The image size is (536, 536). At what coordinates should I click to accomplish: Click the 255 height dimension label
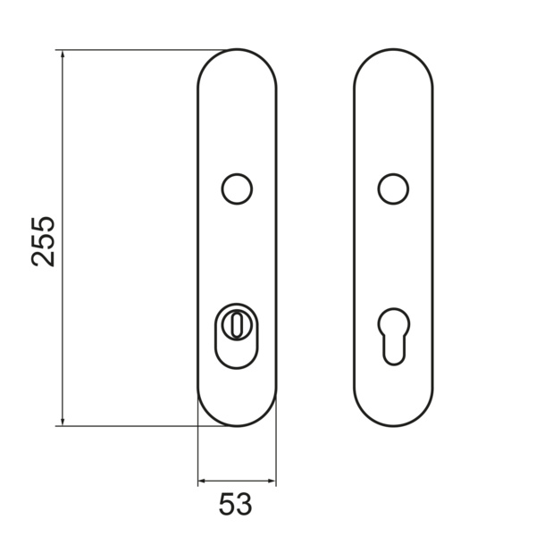(x=43, y=241)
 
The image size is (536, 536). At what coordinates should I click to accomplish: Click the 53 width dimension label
(x=235, y=504)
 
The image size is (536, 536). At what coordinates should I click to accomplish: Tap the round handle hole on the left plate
(x=237, y=188)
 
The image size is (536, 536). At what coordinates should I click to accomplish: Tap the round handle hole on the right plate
(x=393, y=188)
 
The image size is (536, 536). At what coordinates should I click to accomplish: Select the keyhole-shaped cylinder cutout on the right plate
(x=394, y=337)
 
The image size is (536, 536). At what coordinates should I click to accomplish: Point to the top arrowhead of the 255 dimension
(x=63, y=54)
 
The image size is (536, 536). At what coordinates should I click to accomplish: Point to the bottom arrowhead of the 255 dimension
(x=63, y=422)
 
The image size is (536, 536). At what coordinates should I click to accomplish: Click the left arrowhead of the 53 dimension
(x=202, y=481)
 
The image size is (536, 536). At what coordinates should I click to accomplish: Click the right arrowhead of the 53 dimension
(x=272, y=481)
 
